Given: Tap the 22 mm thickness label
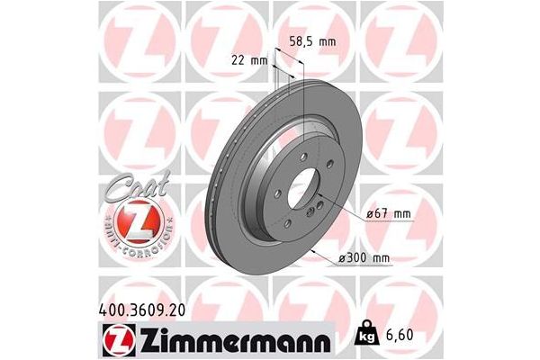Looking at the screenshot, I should tap(248, 59).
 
